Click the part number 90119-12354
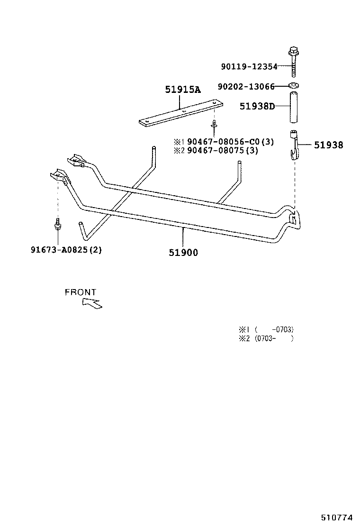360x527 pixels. (249, 67)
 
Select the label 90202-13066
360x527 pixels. (246, 87)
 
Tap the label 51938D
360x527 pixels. (257, 107)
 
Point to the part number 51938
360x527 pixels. (328, 145)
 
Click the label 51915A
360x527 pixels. (183, 90)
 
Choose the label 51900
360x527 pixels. (183, 253)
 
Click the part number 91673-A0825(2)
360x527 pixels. (66, 250)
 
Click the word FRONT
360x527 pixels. (81, 292)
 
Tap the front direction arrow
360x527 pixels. (92, 303)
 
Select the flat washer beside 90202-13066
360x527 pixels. (294, 86)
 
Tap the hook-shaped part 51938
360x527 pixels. (294, 145)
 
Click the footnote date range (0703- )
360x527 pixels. (274, 338)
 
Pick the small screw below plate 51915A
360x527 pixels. (214, 125)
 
